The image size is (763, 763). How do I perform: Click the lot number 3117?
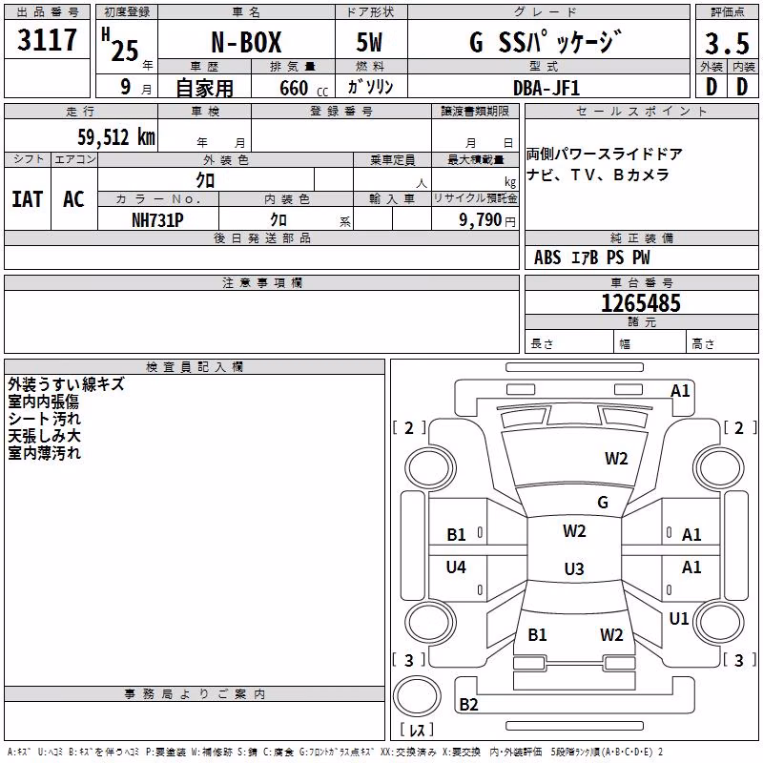click(x=47, y=40)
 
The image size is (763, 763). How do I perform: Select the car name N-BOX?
click(x=246, y=42)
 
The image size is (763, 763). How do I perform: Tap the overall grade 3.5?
click(x=727, y=44)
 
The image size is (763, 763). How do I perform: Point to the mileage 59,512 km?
click(x=116, y=137)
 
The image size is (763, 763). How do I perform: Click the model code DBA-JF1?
click(x=546, y=88)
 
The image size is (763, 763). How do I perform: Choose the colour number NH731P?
click(x=157, y=220)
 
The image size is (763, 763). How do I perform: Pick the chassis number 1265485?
click(x=641, y=303)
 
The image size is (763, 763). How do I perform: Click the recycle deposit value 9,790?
click(x=480, y=220)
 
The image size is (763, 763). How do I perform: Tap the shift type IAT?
click(x=28, y=199)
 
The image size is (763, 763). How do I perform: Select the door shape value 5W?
click(x=369, y=42)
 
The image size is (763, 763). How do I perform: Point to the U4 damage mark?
click(x=456, y=567)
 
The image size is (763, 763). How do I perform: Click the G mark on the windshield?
click(x=603, y=503)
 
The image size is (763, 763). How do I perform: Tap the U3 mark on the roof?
click(x=574, y=568)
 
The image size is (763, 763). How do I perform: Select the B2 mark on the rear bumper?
click(x=468, y=704)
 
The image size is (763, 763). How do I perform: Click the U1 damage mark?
click(x=679, y=618)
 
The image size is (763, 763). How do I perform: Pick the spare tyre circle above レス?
click(x=417, y=695)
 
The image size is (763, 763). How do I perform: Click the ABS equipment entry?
click(x=547, y=258)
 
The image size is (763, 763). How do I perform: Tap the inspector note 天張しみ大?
click(x=44, y=436)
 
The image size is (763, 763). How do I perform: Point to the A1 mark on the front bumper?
click(x=680, y=391)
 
